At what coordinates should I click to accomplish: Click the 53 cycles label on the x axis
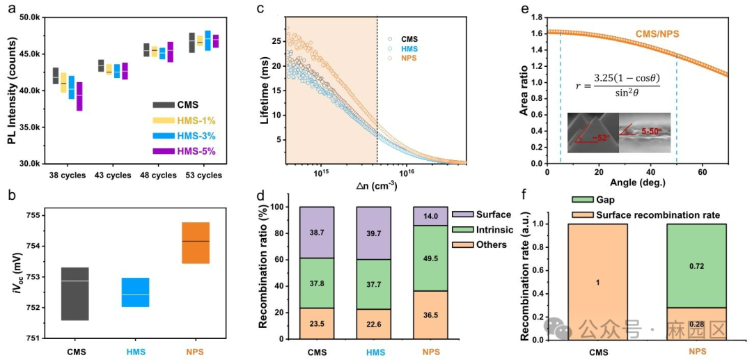point(203,175)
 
